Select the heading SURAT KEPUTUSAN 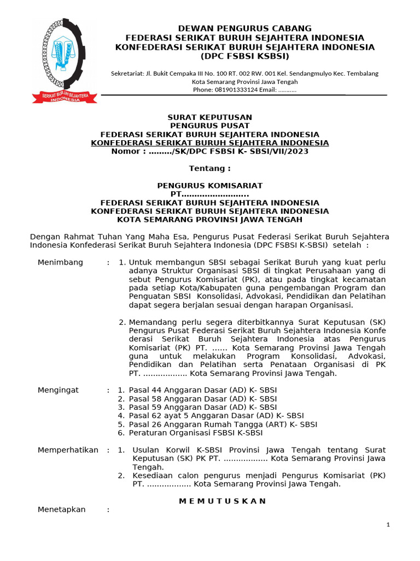pos(209,117)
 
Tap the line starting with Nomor pos(209,151)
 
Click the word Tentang pos(209,168)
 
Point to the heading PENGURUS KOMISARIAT pos(209,186)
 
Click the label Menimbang pos(60,262)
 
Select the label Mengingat pos(58,390)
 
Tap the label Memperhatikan pos(68,450)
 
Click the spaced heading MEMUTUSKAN pos(223,501)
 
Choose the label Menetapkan pos(61,510)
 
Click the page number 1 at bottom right pos(388,525)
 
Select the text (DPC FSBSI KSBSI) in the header pos(244,56)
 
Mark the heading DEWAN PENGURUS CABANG pos(244,28)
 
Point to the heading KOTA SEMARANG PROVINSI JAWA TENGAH pos(209,220)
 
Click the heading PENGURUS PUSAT pos(209,126)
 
